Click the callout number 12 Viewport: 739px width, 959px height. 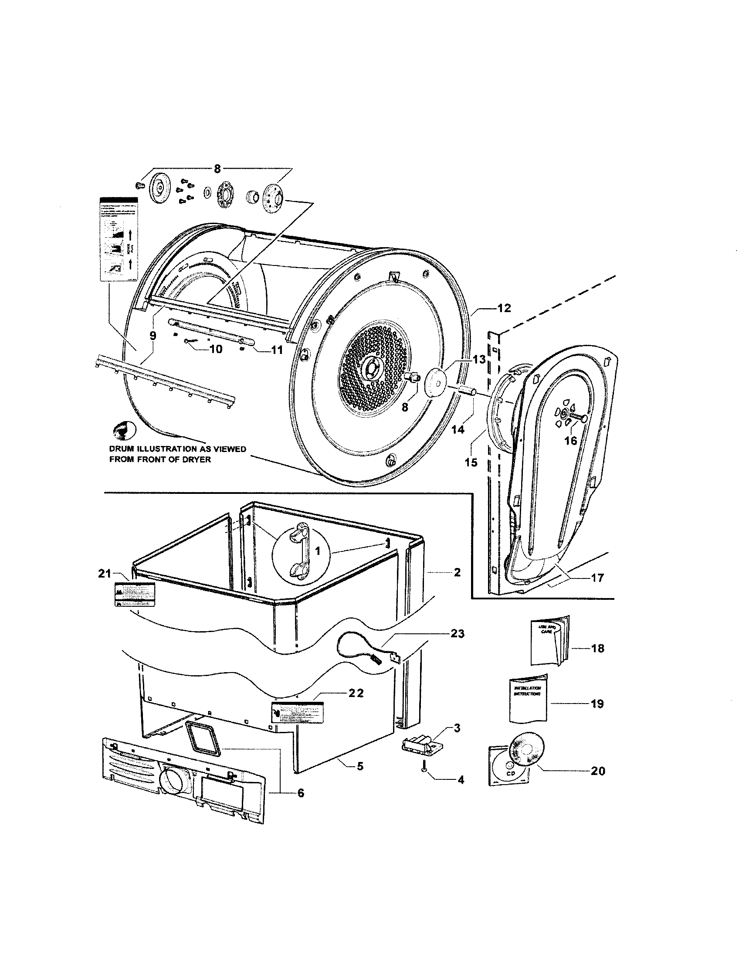(x=504, y=308)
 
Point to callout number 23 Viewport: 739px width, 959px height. (x=457, y=634)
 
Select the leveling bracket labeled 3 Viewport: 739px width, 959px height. (x=422, y=743)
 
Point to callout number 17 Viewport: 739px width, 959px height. (x=597, y=578)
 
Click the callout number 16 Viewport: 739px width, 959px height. (x=570, y=440)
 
